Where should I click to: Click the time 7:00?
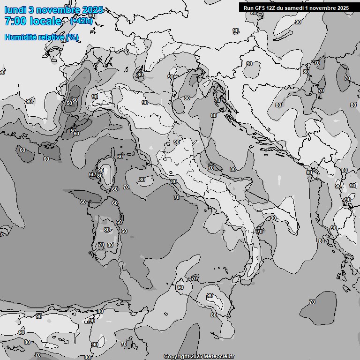[x=15, y=21]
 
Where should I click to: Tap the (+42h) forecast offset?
[x=81, y=21]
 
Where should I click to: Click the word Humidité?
[x=19, y=37]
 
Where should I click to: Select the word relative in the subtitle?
[x=49, y=37]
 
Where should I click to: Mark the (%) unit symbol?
[x=72, y=37]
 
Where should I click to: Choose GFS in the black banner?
[x=262, y=8]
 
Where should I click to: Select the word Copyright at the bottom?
[x=176, y=357]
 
